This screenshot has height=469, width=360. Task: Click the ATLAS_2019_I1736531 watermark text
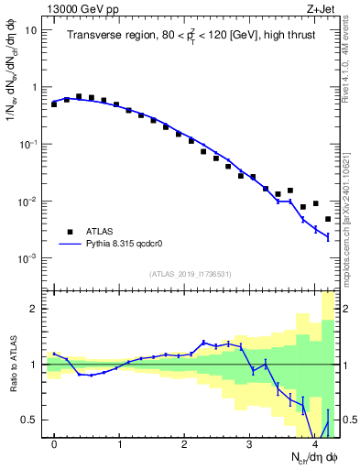[191, 274]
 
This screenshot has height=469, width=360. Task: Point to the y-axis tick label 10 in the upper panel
[31, 30]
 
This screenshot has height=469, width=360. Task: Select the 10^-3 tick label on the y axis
[29, 258]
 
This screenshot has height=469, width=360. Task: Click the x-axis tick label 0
[54, 445]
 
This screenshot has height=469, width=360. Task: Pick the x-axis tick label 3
[249, 445]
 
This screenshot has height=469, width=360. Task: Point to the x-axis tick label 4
[314, 445]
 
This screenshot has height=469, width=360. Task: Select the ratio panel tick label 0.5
[30, 420]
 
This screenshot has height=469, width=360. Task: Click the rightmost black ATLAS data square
[328, 219]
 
